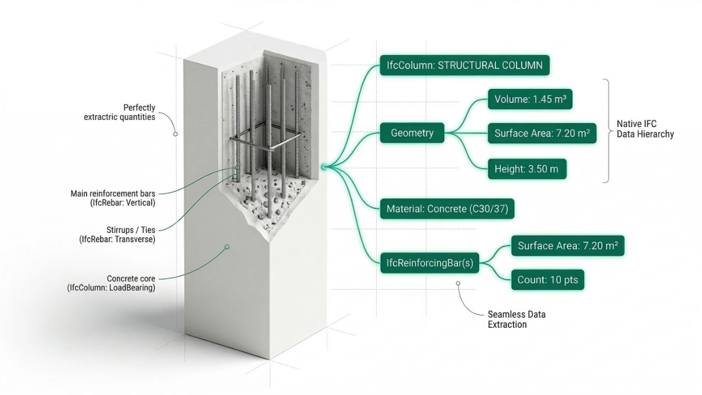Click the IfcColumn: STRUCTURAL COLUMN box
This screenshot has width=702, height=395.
coord(465,65)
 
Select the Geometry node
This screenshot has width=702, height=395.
coord(412,133)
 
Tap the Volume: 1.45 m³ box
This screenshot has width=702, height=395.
coord(529,99)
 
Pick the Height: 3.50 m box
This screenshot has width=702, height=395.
coord(526,169)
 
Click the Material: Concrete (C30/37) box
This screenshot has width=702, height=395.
coord(448,208)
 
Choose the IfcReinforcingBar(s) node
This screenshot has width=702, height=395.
coord(429,263)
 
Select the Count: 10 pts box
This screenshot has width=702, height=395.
coord(548,280)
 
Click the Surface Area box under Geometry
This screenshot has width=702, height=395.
coord(542,134)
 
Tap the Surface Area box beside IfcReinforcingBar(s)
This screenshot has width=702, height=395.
coord(567,246)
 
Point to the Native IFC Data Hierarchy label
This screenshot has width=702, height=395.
coord(645,129)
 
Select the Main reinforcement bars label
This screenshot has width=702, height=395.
coord(113,198)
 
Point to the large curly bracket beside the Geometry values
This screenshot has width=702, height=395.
coord(607,130)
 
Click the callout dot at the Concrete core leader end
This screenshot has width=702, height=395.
coord(227,247)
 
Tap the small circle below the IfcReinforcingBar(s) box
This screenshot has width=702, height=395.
coord(458,283)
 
